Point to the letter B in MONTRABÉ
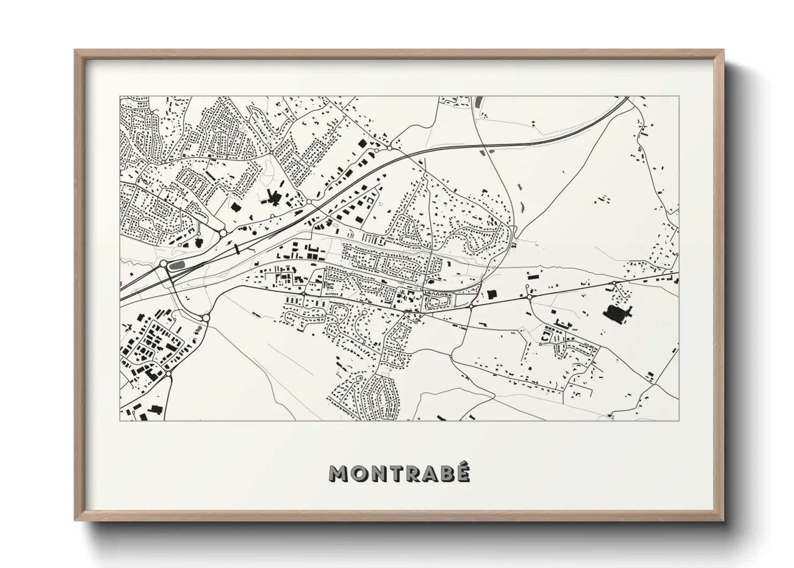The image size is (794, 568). pyautogui.click(x=446, y=474)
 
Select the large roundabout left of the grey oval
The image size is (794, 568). pyautogui.click(x=163, y=264)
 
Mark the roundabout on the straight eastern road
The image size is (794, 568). pyautogui.click(x=529, y=296)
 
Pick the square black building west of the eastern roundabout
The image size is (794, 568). pyautogui.click(x=491, y=294)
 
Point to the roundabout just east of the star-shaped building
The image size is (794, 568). pyautogui.click(x=309, y=202)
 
